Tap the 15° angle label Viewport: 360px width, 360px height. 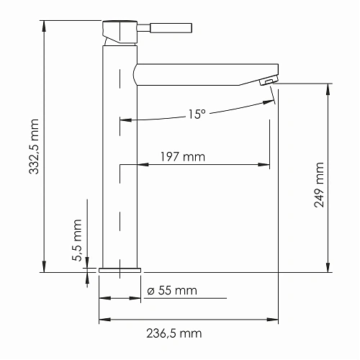click(x=197, y=114)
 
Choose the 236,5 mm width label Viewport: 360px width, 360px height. click(x=170, y=333)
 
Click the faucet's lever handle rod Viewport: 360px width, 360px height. click(x=171, y=28)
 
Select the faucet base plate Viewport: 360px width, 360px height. click(x=119, y=270)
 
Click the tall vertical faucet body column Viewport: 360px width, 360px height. click(x=120, y=158)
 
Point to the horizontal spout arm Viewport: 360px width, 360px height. click(x=202, y=73)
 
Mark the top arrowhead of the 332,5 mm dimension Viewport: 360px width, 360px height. click(x=44, y=24)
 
